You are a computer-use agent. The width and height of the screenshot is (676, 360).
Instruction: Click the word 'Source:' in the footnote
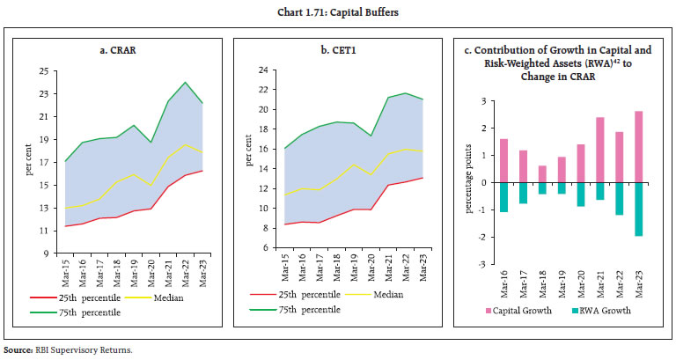point(19,349)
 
